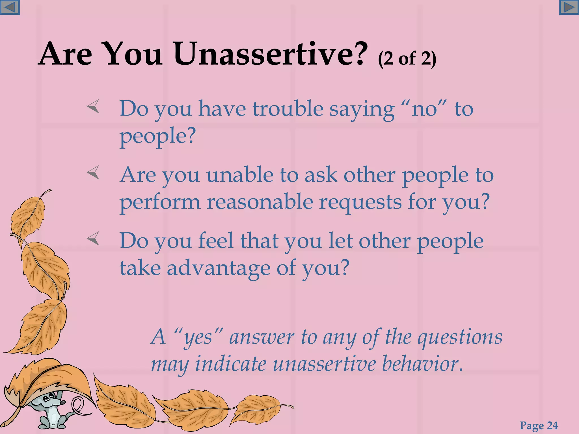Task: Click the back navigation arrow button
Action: [x=10, y=7]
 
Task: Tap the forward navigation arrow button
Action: [x=569, y=7]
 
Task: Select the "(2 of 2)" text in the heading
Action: [x=407, y=59]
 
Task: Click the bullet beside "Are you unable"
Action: [x=93, y=172]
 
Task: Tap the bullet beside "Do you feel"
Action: [x=93, y=238]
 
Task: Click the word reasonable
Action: [x=260, y=202]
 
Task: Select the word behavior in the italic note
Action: [x=422, y=364]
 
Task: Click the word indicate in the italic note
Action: [x=231, y=364]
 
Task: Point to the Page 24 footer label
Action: [x=539, y=426]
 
